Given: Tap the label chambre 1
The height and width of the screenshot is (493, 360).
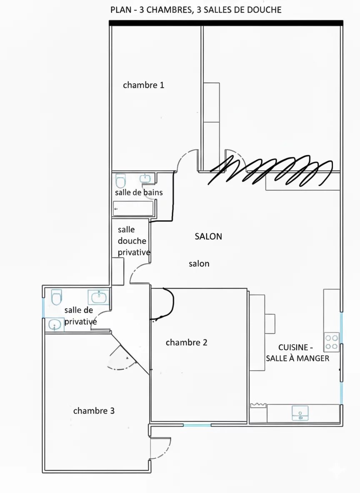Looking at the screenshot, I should [x=143, y=85].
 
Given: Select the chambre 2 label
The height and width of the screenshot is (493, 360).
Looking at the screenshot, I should [x=186, y=342].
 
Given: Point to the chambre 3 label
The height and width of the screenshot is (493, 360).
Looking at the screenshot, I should [x=94, y=411].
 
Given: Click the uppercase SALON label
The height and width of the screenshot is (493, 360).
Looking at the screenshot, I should [x=208, y=237].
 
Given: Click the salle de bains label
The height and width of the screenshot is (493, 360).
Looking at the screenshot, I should [x=139, y=192].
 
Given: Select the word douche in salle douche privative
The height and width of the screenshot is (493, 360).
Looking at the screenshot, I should [x=132, y=241].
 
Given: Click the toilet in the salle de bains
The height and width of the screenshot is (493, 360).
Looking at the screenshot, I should [x=120, y=181].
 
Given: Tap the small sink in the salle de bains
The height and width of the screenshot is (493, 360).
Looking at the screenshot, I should [x=145, y=179].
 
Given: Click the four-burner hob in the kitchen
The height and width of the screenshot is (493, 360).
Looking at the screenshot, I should [x=332, y=342].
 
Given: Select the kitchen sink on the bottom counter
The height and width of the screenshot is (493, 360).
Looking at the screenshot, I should [x=300, y=412].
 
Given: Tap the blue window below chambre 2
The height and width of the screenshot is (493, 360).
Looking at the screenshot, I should [x=197, y=425].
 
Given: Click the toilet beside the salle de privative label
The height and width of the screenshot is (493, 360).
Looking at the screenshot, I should [x=56, y=297].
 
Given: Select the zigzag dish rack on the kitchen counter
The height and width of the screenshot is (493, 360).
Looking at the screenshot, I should [x=258, y=405].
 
